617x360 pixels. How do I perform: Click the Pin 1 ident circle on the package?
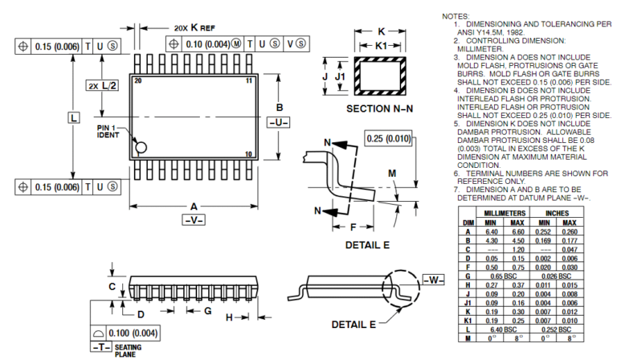pyautogui.click(x=141, y=147)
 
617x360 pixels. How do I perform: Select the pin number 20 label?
pyautogui.click(x=138, y=81)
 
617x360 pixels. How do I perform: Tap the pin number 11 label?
pyautogui.click(x=250, y=81)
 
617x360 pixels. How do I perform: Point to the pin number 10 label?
pyautogui.click(x=249, y=154)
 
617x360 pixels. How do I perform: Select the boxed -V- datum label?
pyautogui.click(x=194, y=219)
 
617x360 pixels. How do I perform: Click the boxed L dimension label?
pyautogui.click(x=73, y=118)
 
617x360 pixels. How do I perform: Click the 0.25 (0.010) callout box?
pyautogui.click(x=388, y=139)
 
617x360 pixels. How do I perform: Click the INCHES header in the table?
pyautogui.click(x=557, y=213)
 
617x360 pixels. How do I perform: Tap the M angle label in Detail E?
pyautogui.click(x=391, y=174)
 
